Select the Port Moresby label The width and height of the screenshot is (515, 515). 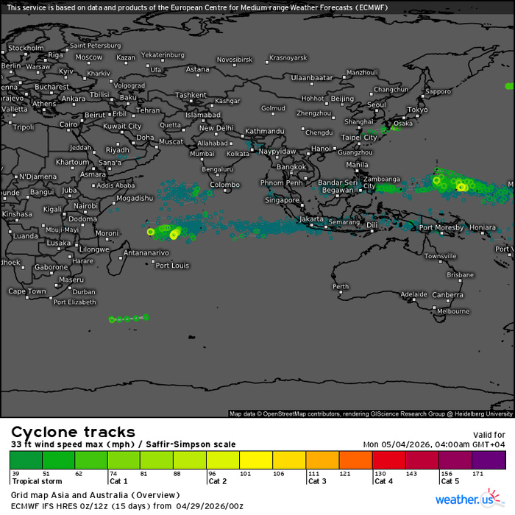[x=441, y=227]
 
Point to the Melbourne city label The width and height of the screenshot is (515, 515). [x=452, y=311]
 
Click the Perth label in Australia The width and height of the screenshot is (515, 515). [x=341, y=286]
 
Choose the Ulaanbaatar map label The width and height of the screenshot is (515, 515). [x=312, y=77]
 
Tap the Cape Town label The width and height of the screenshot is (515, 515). [x=26, y=291]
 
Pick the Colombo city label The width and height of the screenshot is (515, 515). [x=224, y=185]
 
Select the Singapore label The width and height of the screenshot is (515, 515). [x=283, y=200]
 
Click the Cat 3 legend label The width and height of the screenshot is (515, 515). [x=318, y=481]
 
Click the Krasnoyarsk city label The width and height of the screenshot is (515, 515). [x=291, y=57]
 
